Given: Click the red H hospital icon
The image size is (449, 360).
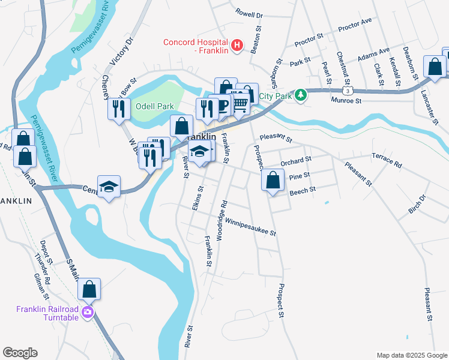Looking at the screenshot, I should click(237, 45).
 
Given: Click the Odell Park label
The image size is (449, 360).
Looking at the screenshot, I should click(154, 106).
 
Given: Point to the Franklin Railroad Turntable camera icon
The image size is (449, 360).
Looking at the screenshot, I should click(88, 312).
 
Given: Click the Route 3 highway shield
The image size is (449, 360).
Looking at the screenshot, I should click(348, 90).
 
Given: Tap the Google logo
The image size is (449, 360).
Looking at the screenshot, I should click(20, 353).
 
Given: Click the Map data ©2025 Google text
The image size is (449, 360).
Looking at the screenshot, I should click(411, 355).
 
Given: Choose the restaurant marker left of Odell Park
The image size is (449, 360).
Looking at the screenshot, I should click(119, 109).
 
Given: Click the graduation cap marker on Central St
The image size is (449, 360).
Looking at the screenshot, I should click(109, 187).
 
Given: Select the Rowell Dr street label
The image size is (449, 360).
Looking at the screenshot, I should click(249, 13).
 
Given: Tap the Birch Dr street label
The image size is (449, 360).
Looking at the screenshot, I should click(417, 206).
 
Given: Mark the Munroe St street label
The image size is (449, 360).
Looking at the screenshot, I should click(346, 101).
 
